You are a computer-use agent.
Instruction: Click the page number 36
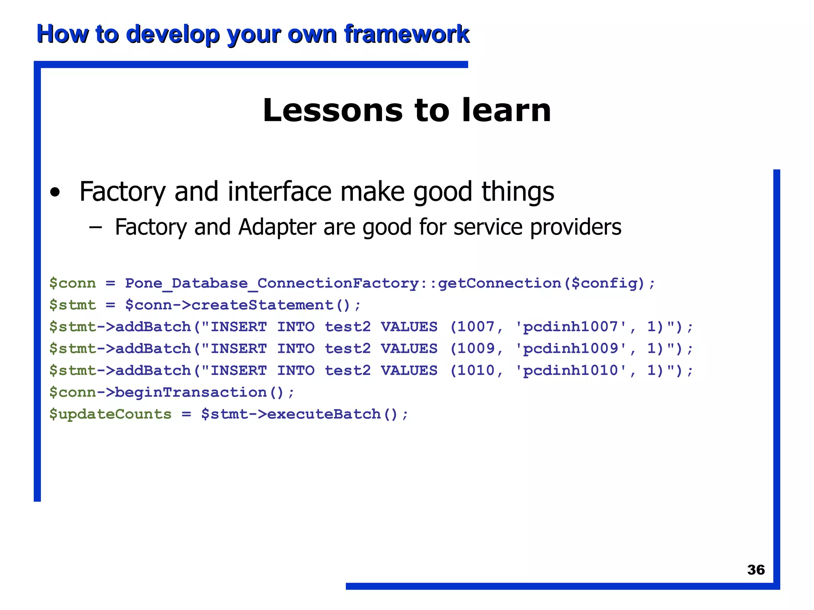[x=756, y=570]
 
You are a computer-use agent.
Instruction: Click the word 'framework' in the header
[x=407, y=34]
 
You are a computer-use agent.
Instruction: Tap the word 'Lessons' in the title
[x=333, y=110]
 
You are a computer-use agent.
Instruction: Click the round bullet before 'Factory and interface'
[x=55, y=193]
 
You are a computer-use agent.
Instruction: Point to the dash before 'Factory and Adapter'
[x=95, y=227]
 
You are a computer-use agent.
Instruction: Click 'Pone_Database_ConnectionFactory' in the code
[x=272, y=284]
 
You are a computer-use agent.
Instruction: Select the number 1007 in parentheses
[x=475, y=327]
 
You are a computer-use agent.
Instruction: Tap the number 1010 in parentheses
[x=475, y=371]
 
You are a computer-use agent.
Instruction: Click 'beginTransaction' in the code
[x=191, y=392]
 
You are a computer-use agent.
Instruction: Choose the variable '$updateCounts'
[x=110, y=414]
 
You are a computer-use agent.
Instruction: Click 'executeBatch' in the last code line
[x=324, y=414]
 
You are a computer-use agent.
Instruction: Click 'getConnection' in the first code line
[x=499, y=284]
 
